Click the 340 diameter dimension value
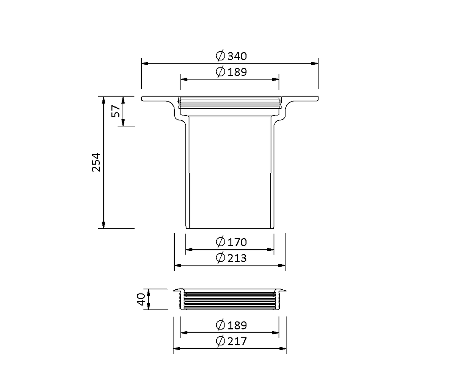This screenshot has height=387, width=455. tap(237, 56)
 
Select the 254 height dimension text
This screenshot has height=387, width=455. tap(96, 162)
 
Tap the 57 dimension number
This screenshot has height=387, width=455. tap(116, 111)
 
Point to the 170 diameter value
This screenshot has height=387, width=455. tap(237, 242)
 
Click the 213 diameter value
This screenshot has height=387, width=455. tap(237, 258)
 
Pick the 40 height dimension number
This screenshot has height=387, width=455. tap(141, 299)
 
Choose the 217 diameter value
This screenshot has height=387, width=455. tap(237, 342)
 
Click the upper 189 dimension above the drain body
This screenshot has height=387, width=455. tap(237, 72)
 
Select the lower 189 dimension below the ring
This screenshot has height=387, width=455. tap(237, 325)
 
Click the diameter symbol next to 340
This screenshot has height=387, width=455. tap(220, 56)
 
